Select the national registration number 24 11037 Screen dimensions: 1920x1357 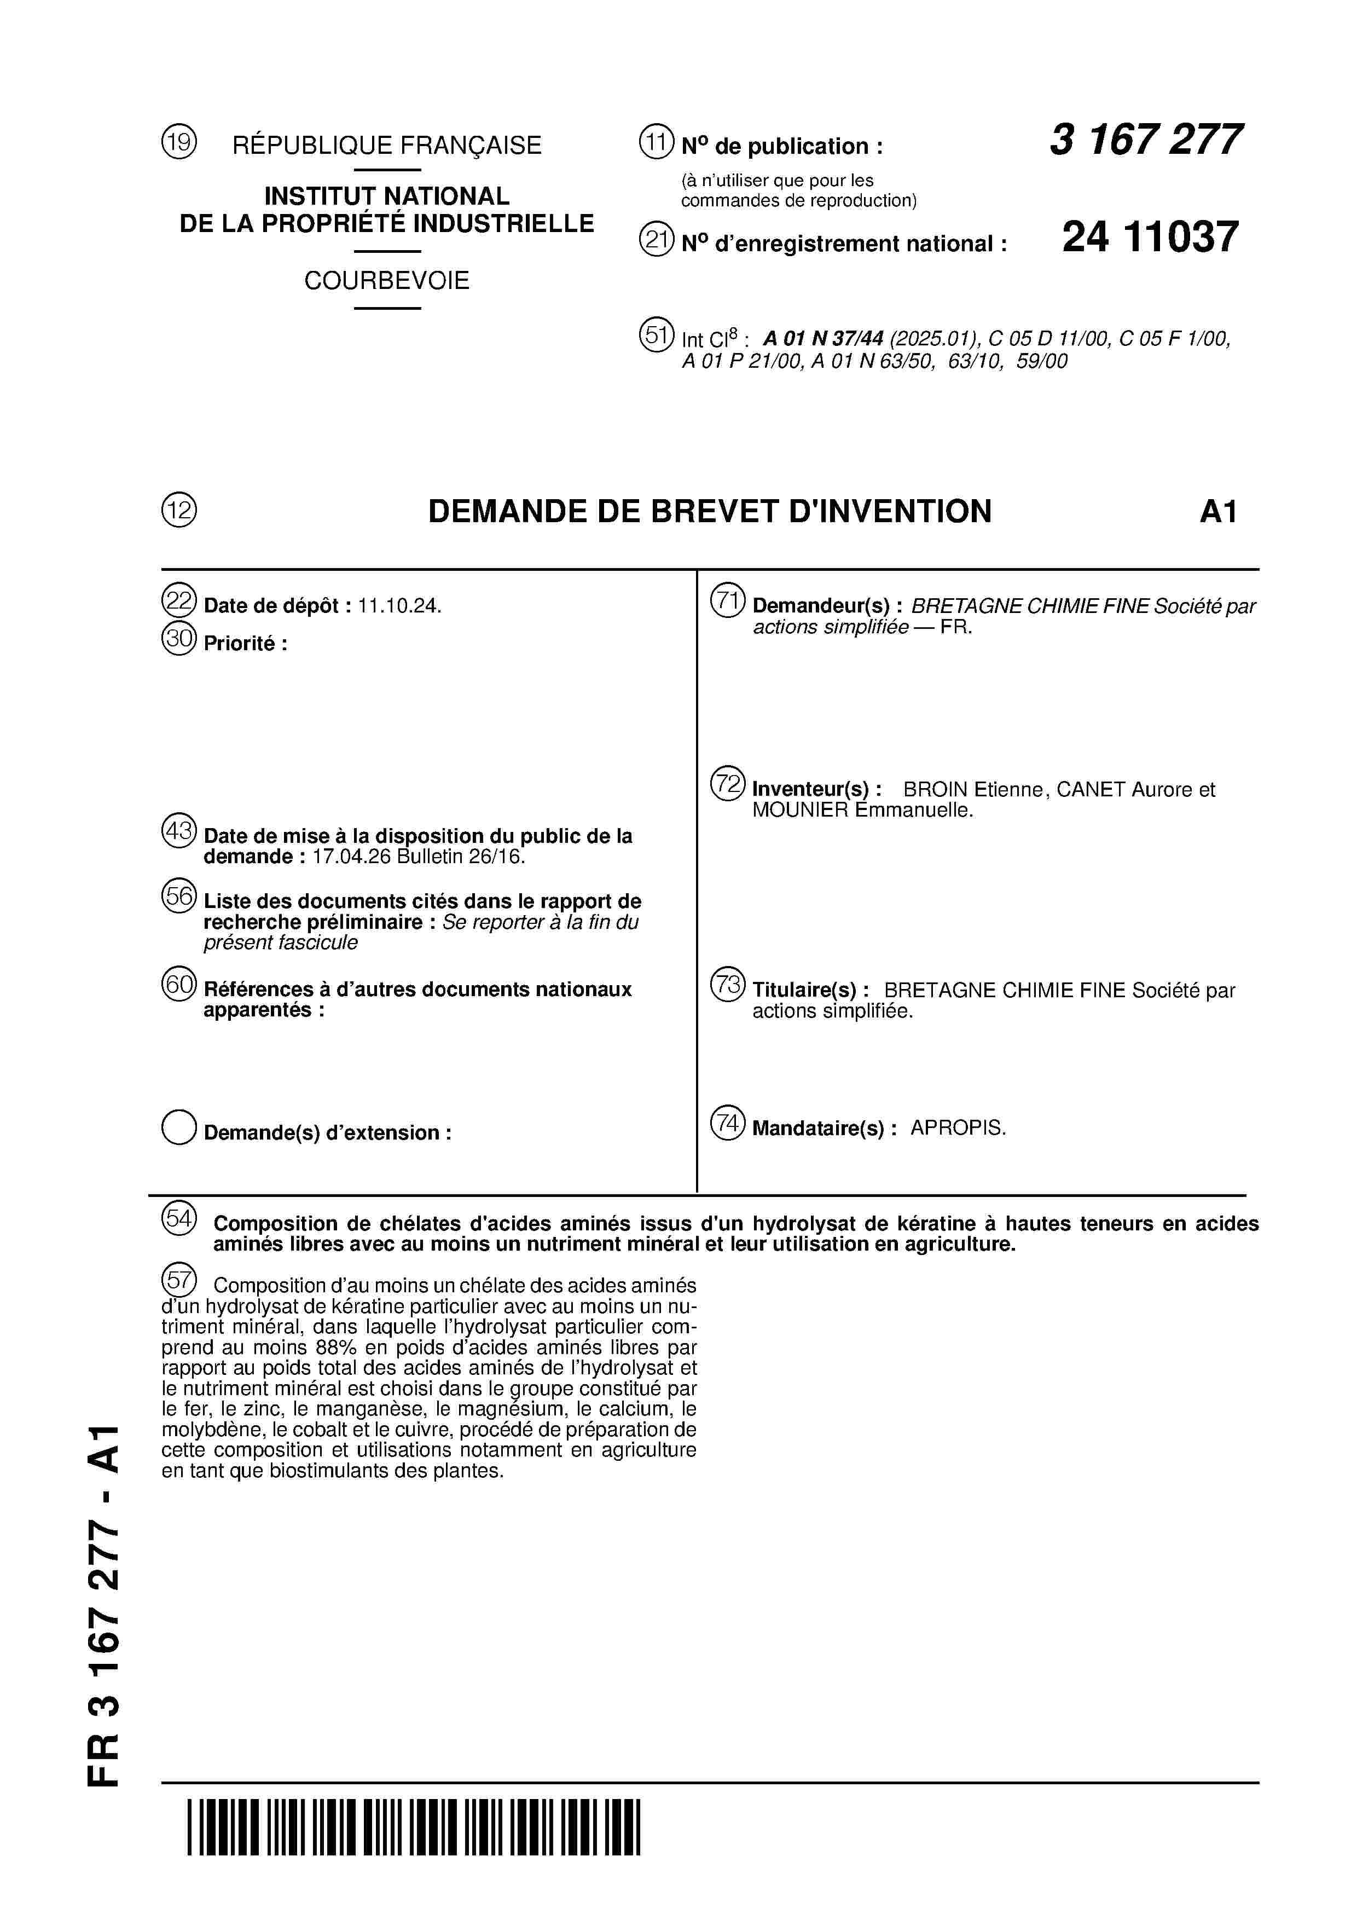pyautogui.click(x=1150, y=238)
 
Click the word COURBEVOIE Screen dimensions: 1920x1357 pyautogui.click(x=386, y=281)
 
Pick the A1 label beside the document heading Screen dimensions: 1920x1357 pyautogui.click(x=1217, y=512)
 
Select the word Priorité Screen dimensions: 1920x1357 pyautogui.click(x=241, y=644)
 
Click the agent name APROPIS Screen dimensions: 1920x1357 pyautogui.click(x=958, y=1128)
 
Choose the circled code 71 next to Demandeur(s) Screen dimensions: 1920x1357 pyautogui.click(x=727, y=602)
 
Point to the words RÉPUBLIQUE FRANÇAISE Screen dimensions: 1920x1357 pyautogui.click(x=386, y=146)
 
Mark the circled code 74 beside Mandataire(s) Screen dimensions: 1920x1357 pyautogui.click(x=727, y=1123)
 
